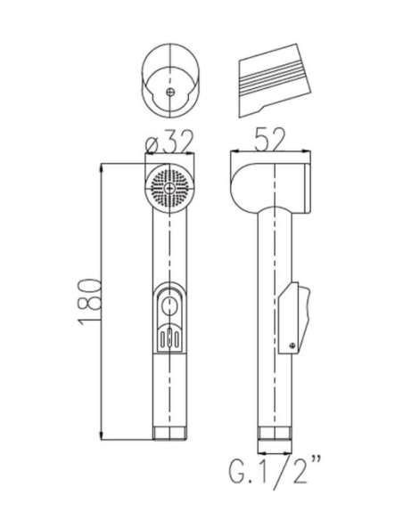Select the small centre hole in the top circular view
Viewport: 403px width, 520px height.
click(169, 92)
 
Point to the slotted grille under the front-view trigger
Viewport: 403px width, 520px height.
click(169, 337)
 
